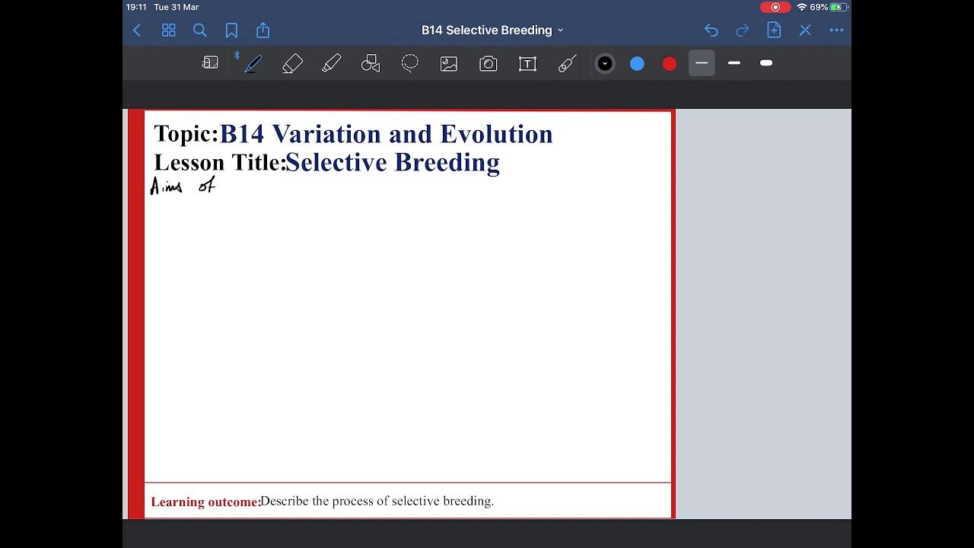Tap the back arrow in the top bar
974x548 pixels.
[137, 30]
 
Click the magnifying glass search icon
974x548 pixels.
[200, 30]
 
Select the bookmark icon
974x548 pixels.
[231, 30]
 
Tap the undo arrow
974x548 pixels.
[711, 30]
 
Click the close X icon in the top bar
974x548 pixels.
[805, 30]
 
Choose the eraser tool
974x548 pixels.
[292, 64]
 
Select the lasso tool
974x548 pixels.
[409, 64]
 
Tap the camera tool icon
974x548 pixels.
[488, 64]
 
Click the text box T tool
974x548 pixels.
[527, 64]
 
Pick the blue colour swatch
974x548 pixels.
[637, 64]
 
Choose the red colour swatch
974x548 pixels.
[670, 64]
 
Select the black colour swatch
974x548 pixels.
[605, 64]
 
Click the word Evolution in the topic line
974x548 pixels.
[496, 134]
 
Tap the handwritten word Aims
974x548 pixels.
[166, 186]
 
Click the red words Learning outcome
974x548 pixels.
[205, 502]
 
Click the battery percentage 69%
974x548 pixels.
[819, 7]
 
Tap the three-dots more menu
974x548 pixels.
[836, 30]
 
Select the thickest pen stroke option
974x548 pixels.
[766, 63]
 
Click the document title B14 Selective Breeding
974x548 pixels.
[487, 30]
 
